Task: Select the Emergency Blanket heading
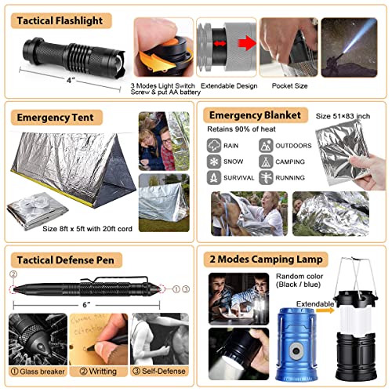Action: [x=256, y=115]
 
